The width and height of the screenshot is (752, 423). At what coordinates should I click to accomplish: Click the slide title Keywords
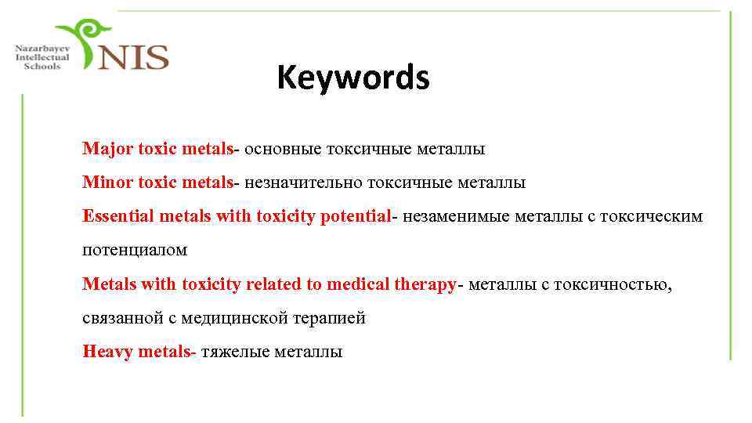pos(352,78)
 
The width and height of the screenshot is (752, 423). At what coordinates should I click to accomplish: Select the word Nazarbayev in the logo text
pos(42,49)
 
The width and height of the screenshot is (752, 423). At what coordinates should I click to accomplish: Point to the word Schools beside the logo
pos(42,67)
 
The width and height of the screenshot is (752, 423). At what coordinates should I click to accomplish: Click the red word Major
pos(107,149)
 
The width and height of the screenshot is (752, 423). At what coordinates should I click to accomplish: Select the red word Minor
pos(107,183)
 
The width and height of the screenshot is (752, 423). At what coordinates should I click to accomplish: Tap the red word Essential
pos(118,216)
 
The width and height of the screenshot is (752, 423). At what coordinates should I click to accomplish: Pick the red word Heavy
pos(108,352)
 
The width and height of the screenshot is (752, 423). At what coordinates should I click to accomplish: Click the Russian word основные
pos(279,149)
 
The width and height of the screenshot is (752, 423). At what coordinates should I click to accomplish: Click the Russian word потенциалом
pos(135,251)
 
